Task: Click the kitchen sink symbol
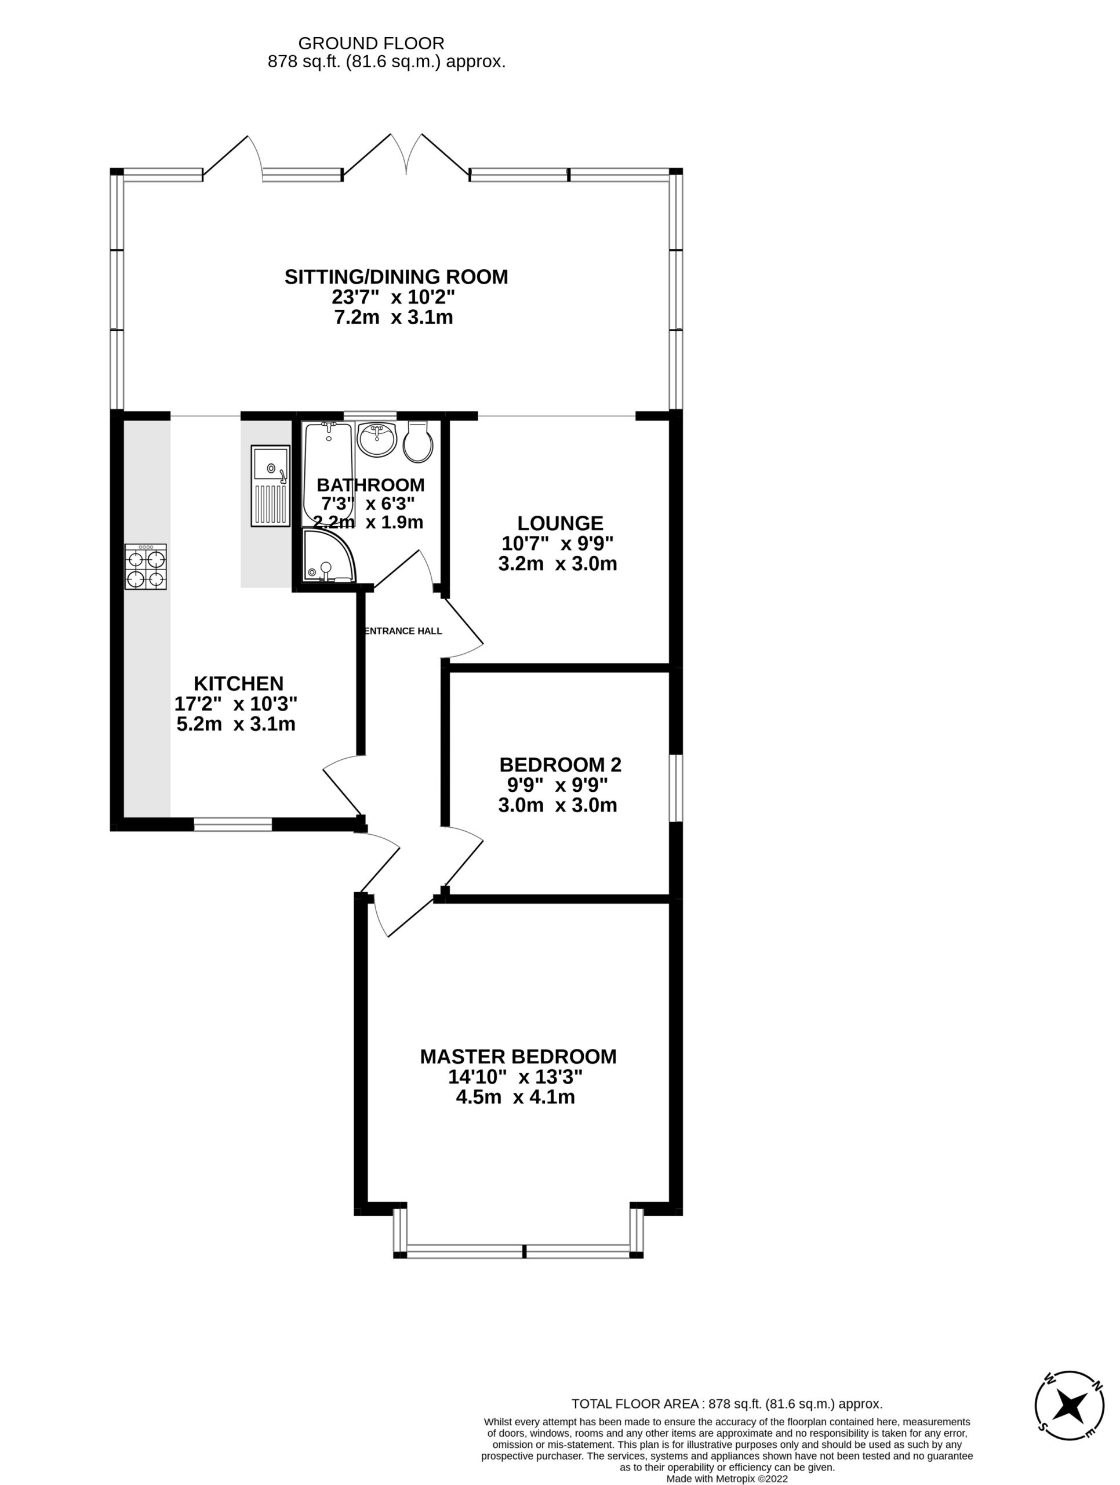pyautogui.click(x=271, y=486)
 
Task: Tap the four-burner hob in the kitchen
pyautogui.click(x=146, y=567)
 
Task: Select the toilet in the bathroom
pyautogui.click(x=418, y=442)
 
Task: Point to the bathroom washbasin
pyautogui.click(x=377, y=440)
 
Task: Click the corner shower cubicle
pyautogui.click(x=329, y=555)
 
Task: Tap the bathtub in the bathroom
pyautogui.click(x=328, y=474)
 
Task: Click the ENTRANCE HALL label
pyautogui.click(x=403, y=631)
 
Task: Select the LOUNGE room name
pyautogui.click(x=561, y=523)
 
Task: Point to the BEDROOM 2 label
pyautogui.click(x=561, y=765)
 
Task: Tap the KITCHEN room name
pyautogui.click(x=238, y=683)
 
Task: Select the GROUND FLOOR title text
pyautogui.click(x=371, y=44)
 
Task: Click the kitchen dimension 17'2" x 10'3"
pyautogui.click(x=236, y=704)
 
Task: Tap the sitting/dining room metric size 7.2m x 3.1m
pyautogui.click(x=393, y=317)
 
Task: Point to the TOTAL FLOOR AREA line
pyautogui.click(x=727, y=1404)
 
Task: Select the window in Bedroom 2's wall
pyautogui.click(x=676, y=788)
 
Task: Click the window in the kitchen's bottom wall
pyautogui.click(x=233, y=824)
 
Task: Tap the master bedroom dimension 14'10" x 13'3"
pyautogui.click(x=515, y=1077)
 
